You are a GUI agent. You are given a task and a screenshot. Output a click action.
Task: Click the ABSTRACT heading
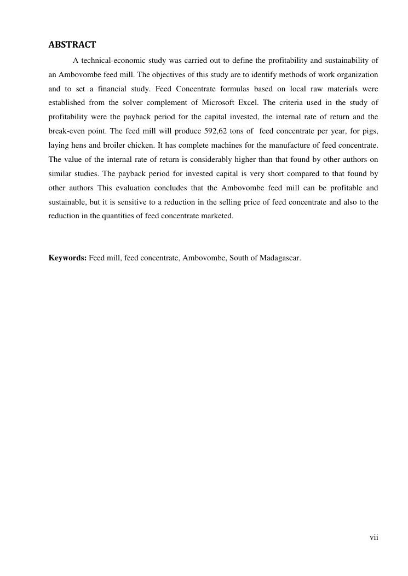coord(72,45)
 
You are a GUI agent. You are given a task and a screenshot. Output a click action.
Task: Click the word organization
coord(358,74)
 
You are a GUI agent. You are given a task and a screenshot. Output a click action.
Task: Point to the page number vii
coord(374,538)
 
